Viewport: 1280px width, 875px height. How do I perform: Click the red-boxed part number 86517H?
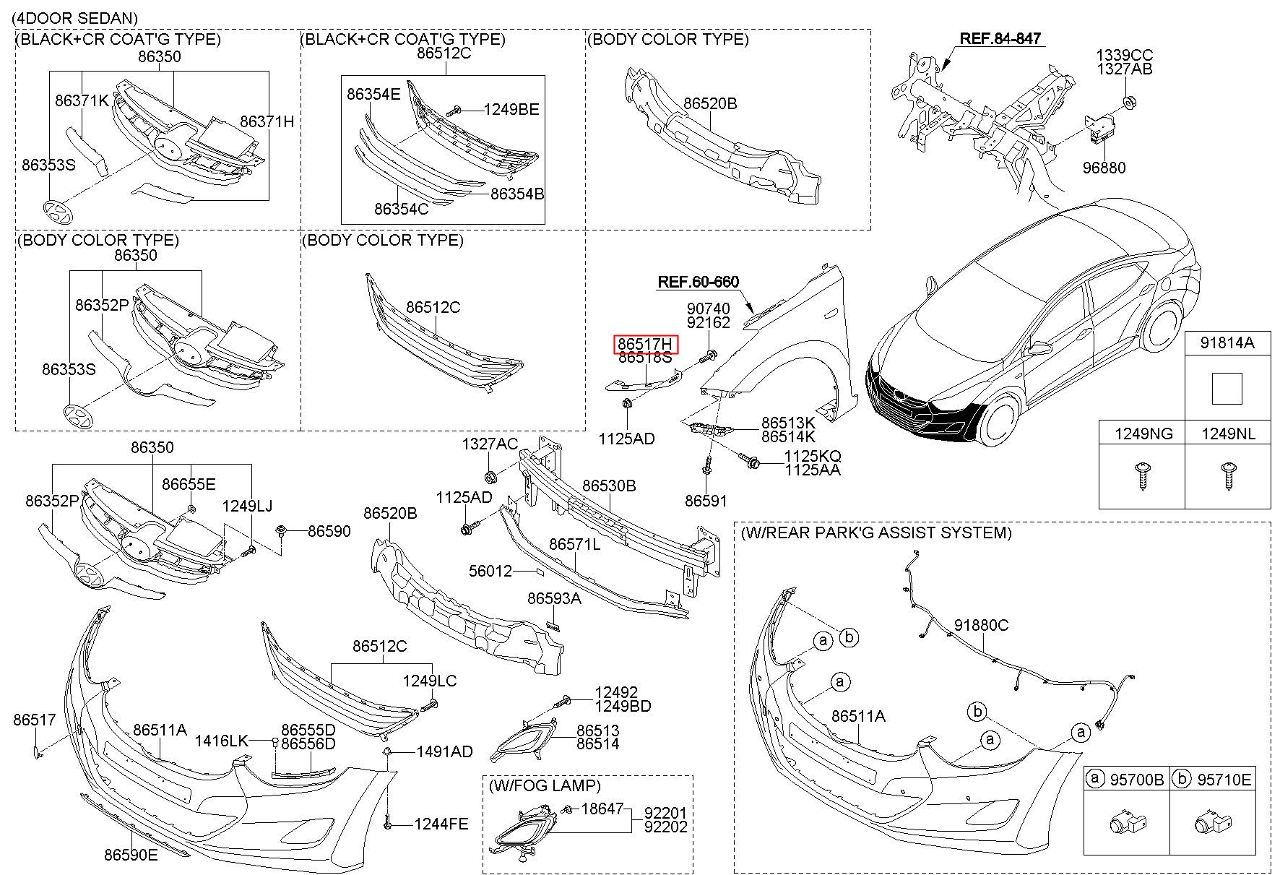(x=645, y=345)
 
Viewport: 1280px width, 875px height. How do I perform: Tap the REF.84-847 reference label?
(x=1000, y=38)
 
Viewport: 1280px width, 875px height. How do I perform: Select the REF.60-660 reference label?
(x=699, y=282)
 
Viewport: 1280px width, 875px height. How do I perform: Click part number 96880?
(x=1104, y=168)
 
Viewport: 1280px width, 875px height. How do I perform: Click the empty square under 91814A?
(x=1227, y=388)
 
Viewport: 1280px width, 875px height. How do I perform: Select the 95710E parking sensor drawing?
(x=1212, y=822)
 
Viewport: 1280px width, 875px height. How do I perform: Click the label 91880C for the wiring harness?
(x=981, y=625)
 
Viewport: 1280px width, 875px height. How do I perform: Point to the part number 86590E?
(x=131, y=855)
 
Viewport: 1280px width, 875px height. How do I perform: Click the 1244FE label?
(x=441, y=823)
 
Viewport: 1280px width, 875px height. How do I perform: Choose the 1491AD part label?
(x=445, y=751)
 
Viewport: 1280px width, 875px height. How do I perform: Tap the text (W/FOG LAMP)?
(x=545, y=785)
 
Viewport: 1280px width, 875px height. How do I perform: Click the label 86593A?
(x=554, y=598)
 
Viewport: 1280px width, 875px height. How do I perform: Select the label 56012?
(x=490, y=571)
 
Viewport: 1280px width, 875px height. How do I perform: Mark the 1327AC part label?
(x=490, y=444)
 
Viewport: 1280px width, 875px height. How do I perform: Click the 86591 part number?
(x=706, y=501)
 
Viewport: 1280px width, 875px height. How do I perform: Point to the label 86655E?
(x=189, y=484)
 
